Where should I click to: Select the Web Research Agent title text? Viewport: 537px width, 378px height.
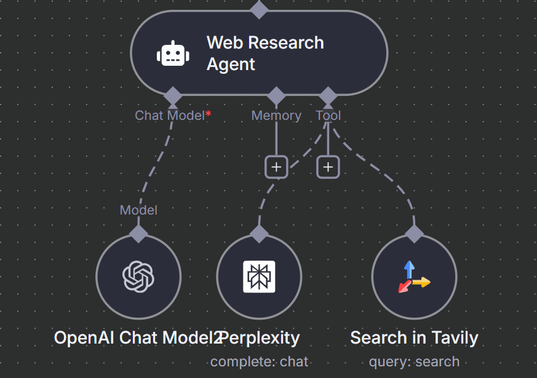(x=265, y=53)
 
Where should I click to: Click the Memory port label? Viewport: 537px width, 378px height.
(x=276, y=116)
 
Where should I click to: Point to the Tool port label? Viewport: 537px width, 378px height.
(x=328, y=116)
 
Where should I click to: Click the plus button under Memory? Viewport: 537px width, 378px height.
(x=276, y=167)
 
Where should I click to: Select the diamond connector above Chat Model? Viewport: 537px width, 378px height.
(x=173, y=96)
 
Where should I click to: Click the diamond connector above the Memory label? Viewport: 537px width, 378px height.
(x=276, y=96)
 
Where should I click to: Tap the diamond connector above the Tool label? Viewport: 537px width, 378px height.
(x=328, y=96)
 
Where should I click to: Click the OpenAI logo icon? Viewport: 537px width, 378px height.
(x=138, y=276)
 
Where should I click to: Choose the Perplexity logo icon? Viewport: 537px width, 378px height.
(x=259, y=277)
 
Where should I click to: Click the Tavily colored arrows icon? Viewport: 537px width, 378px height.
(x=413, y=277)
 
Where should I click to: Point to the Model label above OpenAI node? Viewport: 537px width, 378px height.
(x=138, y=210)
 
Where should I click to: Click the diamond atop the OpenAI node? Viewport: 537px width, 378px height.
(x=138, y=234)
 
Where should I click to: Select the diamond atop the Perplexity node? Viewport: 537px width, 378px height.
(x=259, y=234)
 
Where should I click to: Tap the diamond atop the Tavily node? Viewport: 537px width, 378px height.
(x=414, y=234)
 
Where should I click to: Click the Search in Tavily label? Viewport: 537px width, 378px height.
(x=414, y=337)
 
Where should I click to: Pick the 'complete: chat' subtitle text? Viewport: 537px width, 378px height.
(x=259, y=361)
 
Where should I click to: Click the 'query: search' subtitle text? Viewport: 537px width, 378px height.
(x=414, y=361)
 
